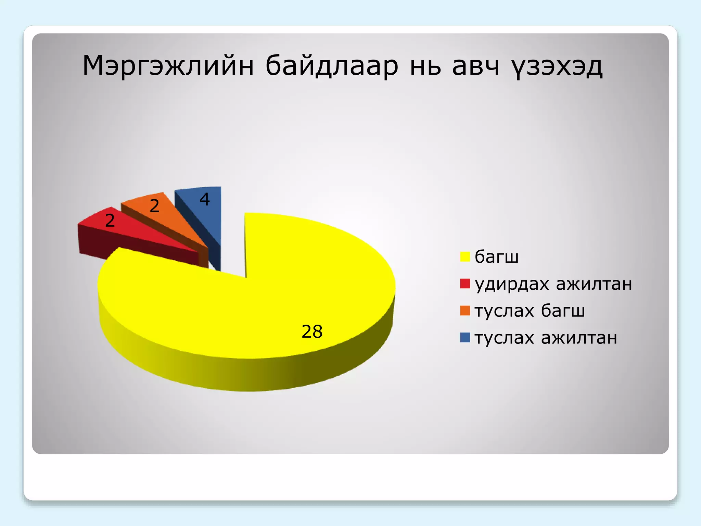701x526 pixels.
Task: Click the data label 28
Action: tap(312, 331)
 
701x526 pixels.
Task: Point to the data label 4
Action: tap(205, 199)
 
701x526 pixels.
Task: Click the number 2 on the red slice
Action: tap(110, 220)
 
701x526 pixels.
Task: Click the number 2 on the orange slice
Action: tap(155, 206)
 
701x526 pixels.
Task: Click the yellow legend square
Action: tap(465, 256)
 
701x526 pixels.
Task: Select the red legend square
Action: tap(465, 284)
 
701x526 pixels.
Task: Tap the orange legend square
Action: tap(465, 311)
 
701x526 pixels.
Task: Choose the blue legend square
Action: tap(465, 338)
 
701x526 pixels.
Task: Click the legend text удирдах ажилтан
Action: tap(553, 284)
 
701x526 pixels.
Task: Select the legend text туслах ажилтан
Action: tap(546, 338)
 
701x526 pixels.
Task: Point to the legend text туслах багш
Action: tap(530, 311)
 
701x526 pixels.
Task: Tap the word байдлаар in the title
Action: tap(332, 66)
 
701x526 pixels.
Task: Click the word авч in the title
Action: tap(476, 66)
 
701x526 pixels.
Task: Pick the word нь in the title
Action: tap(425, 66)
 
